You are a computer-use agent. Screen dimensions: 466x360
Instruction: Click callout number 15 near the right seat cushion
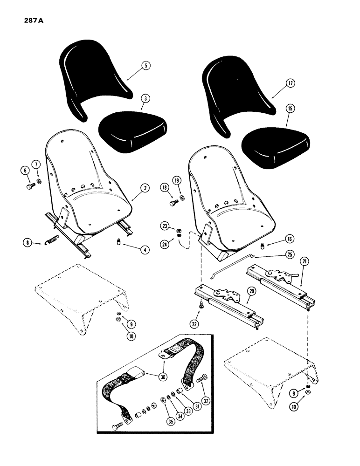tap(290, 108)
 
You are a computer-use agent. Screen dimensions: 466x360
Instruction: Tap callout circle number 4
tap(145, 250)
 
